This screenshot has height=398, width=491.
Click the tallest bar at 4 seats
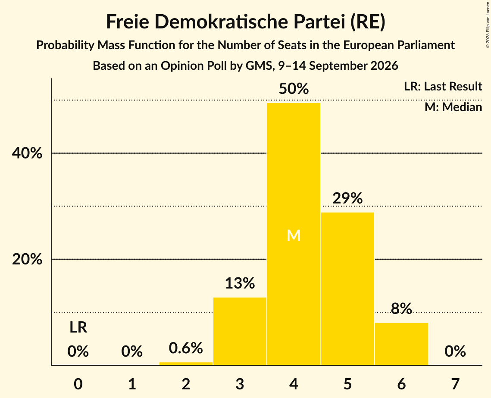point(294,234)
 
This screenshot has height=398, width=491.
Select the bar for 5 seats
point(347,289)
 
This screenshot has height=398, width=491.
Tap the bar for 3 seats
point(240,331)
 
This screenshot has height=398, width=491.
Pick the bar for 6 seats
point(401,344)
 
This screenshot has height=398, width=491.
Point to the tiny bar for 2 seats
point(186,364)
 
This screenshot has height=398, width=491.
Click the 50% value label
point(294,89)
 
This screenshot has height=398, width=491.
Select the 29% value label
point(347,198)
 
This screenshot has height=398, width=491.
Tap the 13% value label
point(240,283)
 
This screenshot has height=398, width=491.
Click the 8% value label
point(401,308)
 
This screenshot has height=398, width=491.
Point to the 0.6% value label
point(186,348)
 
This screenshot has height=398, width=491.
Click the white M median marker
point(294,235)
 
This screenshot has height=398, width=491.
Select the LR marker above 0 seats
point(78,327)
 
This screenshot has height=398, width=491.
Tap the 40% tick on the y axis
point(27,153)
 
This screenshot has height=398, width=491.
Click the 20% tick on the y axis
point(27,259)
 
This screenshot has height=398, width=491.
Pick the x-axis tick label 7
point(455,384)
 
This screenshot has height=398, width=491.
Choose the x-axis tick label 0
point(78,384)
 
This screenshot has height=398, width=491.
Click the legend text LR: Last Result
point(443,86)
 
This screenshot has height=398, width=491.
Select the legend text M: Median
point(453,107)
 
